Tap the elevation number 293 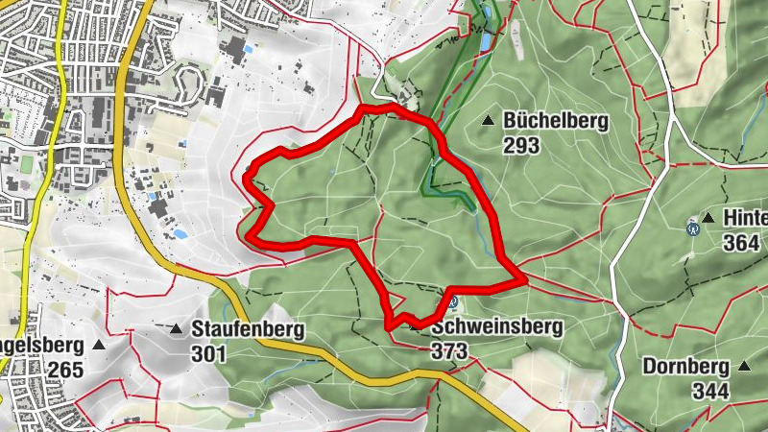click(x=521, y=146)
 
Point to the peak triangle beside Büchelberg click(x=489, y=121)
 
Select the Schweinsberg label click(x=496, y=326)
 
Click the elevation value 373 click(x=449, y=351)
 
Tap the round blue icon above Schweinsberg click(x=452, y=302)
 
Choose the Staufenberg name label click(x=248, y=330)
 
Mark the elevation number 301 click(x=208, y=354)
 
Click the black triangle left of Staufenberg click(x=177, y=329)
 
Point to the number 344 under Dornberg click(x=711, y=390)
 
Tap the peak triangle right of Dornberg click(x=745, y=366)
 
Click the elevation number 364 click(x=742, y=243)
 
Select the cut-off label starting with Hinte click(x=746, y=219)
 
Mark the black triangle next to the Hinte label click(x=708, y=218)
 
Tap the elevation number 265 click(x=66, y=370)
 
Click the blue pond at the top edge click(x=485, y=42)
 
